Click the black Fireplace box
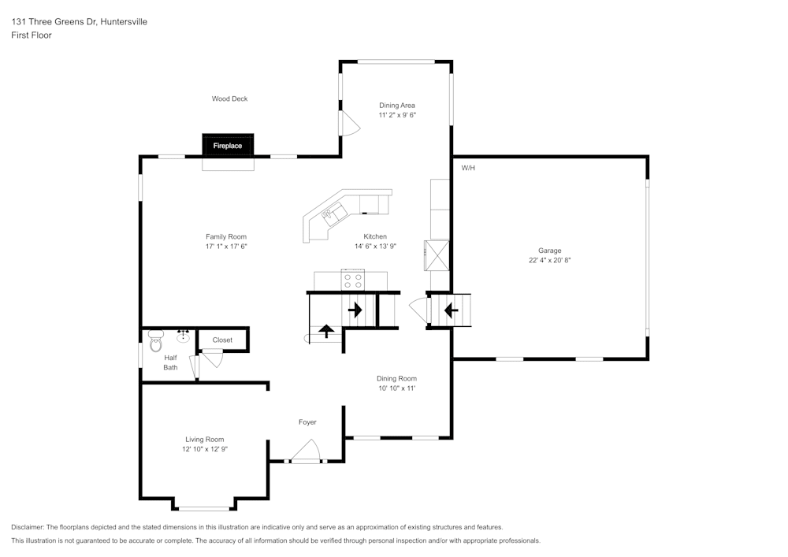point(229,146)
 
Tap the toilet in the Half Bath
point(155,343)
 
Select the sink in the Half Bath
point(183,336)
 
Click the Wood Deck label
point(229,98)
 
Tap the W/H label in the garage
point(468,168)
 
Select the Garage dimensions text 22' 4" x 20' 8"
point(549,260)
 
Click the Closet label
point(222,340)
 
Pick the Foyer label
point(307,422)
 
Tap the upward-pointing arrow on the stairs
point(325,330)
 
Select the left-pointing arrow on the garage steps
point(452,310)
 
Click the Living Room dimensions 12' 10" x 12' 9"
point(205,449)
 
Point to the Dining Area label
point(397,105)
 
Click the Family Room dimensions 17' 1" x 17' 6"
point(226,247)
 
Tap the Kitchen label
point(375,236)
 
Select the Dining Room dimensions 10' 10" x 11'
point(396,388)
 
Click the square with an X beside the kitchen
point(437,254)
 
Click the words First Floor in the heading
point(32,35)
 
